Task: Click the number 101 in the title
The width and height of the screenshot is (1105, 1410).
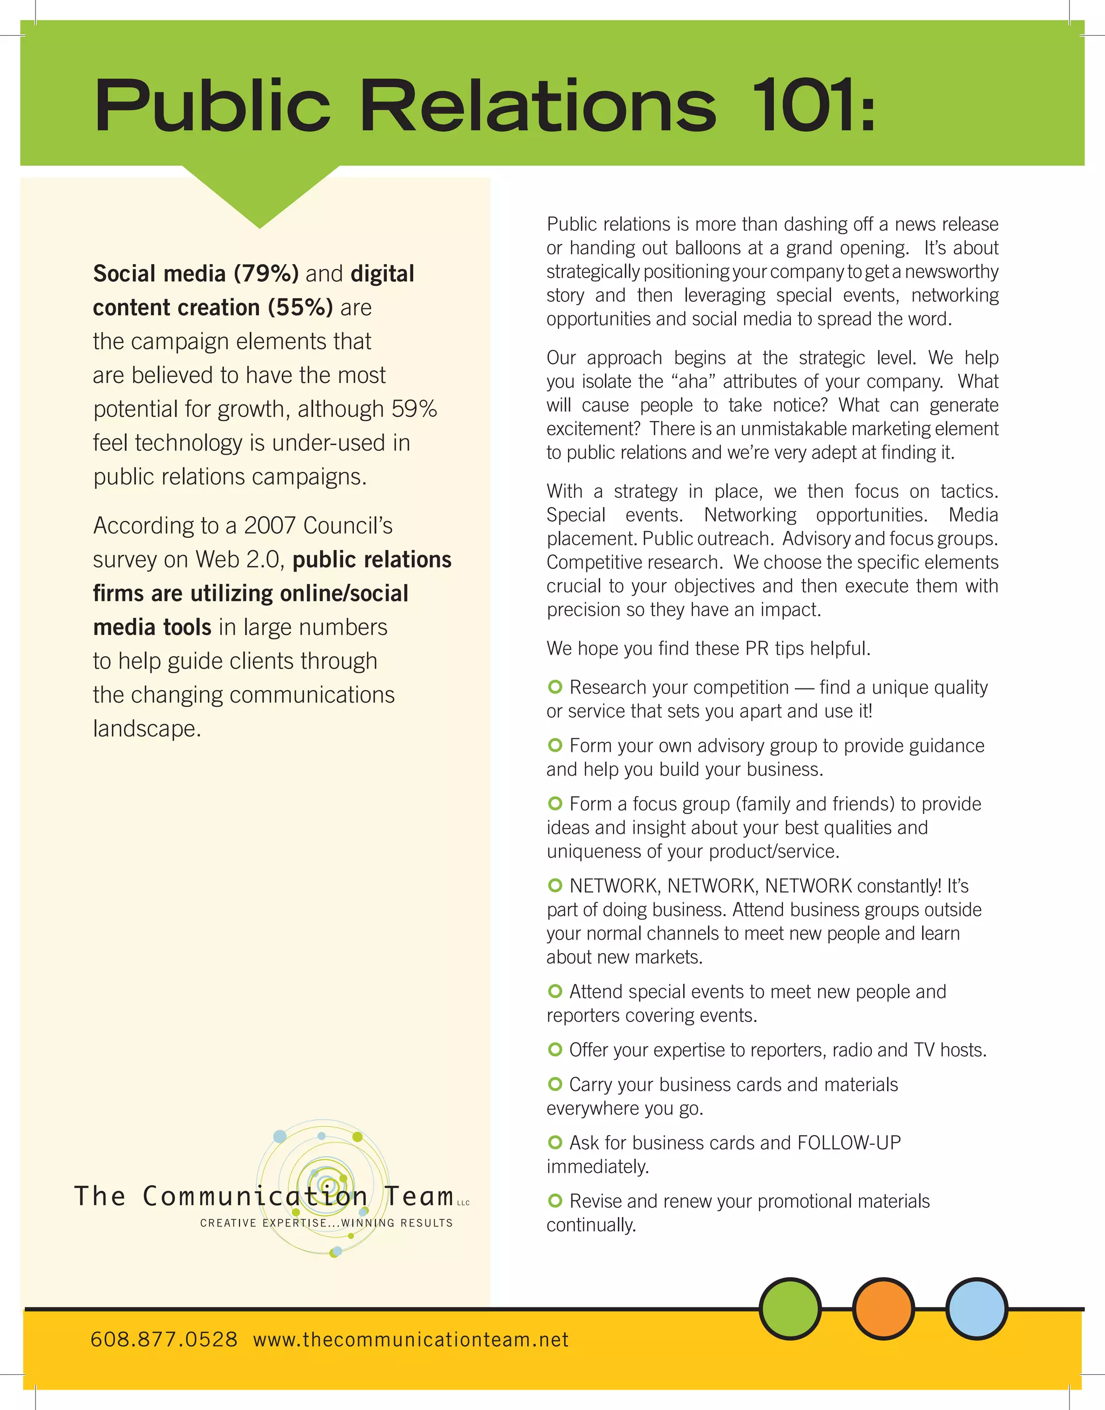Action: [800, 105]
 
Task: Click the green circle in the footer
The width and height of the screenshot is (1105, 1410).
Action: [790, 1308]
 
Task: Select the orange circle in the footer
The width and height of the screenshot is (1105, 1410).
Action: [883, 1308]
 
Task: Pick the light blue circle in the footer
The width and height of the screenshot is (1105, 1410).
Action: [976, 1308]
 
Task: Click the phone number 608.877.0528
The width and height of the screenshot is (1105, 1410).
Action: [163, 1339]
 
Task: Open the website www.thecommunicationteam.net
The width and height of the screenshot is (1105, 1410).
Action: [411, 1339]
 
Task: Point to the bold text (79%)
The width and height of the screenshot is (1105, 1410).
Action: [266, 274]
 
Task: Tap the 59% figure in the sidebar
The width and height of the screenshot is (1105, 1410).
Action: [414, 409]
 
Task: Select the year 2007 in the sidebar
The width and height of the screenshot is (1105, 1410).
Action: [270, 525]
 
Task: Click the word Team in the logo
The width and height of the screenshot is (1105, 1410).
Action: [419, 1196]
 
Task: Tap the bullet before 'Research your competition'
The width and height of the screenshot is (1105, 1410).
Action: [555, 686]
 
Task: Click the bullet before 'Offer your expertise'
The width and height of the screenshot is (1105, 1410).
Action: [555, 1049]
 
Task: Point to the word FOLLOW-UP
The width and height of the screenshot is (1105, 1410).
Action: [849, 1143]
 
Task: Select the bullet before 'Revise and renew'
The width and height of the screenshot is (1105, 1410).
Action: [555, 1201]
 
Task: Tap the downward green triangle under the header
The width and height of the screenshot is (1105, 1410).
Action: [260, 194]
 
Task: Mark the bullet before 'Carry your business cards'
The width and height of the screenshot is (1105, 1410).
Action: [555, 1084]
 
